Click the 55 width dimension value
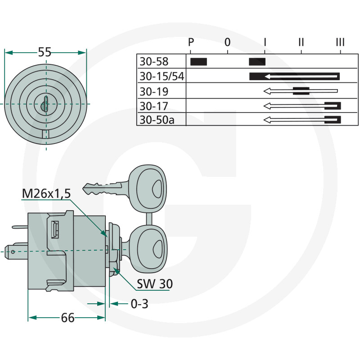(45, 52)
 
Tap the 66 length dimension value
(68, 318)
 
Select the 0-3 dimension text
(139, 304)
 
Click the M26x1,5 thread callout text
(46, 193)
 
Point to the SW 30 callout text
(155, 284)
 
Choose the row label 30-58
(154, 62)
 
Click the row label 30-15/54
(162, 76)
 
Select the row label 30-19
(154, 92)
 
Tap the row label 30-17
(154, 106)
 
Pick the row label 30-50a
(157, 120)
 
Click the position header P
(191, 42)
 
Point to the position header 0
(227, 42)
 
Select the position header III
(340, 42)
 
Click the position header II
(301, 42)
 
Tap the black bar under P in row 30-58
(198, 62)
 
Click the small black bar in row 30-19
(301, 91)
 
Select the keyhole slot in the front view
(46, 104)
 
